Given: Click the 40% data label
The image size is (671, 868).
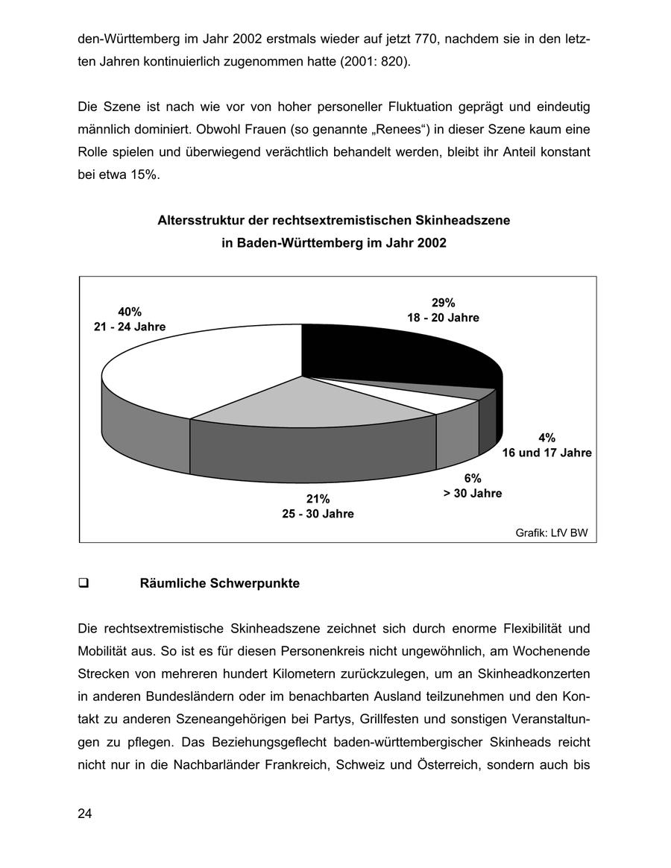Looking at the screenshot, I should click(130, 312).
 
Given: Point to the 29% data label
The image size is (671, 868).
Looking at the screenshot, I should click(443, 302).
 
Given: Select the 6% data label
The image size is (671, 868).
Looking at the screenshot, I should click(473, 478).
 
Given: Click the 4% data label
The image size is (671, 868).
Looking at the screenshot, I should click(546, 438).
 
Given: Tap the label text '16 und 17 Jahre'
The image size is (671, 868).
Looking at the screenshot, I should click(546, 453).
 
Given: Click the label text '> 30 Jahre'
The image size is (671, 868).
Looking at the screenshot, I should click(473, 493).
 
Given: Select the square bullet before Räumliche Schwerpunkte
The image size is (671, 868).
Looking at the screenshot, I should click(84, 584).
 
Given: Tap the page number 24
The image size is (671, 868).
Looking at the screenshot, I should click(84, 814).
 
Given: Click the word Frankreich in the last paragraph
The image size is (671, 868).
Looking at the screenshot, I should click(360, 766).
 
